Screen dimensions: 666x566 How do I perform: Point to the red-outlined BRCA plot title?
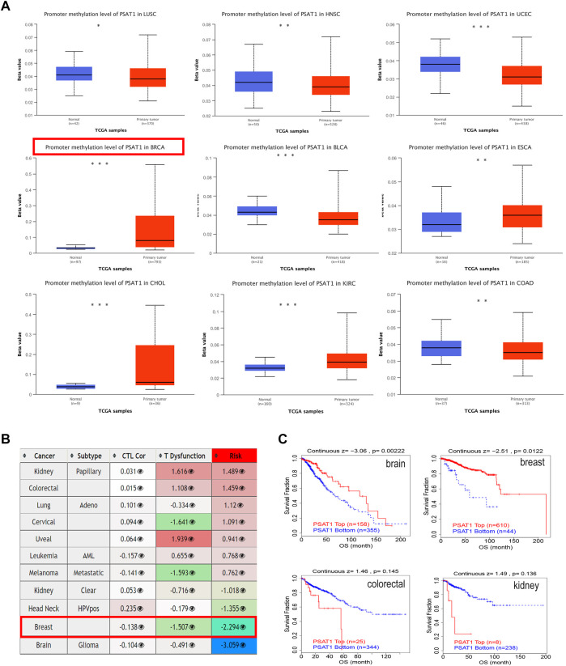[x=104, y=146]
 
